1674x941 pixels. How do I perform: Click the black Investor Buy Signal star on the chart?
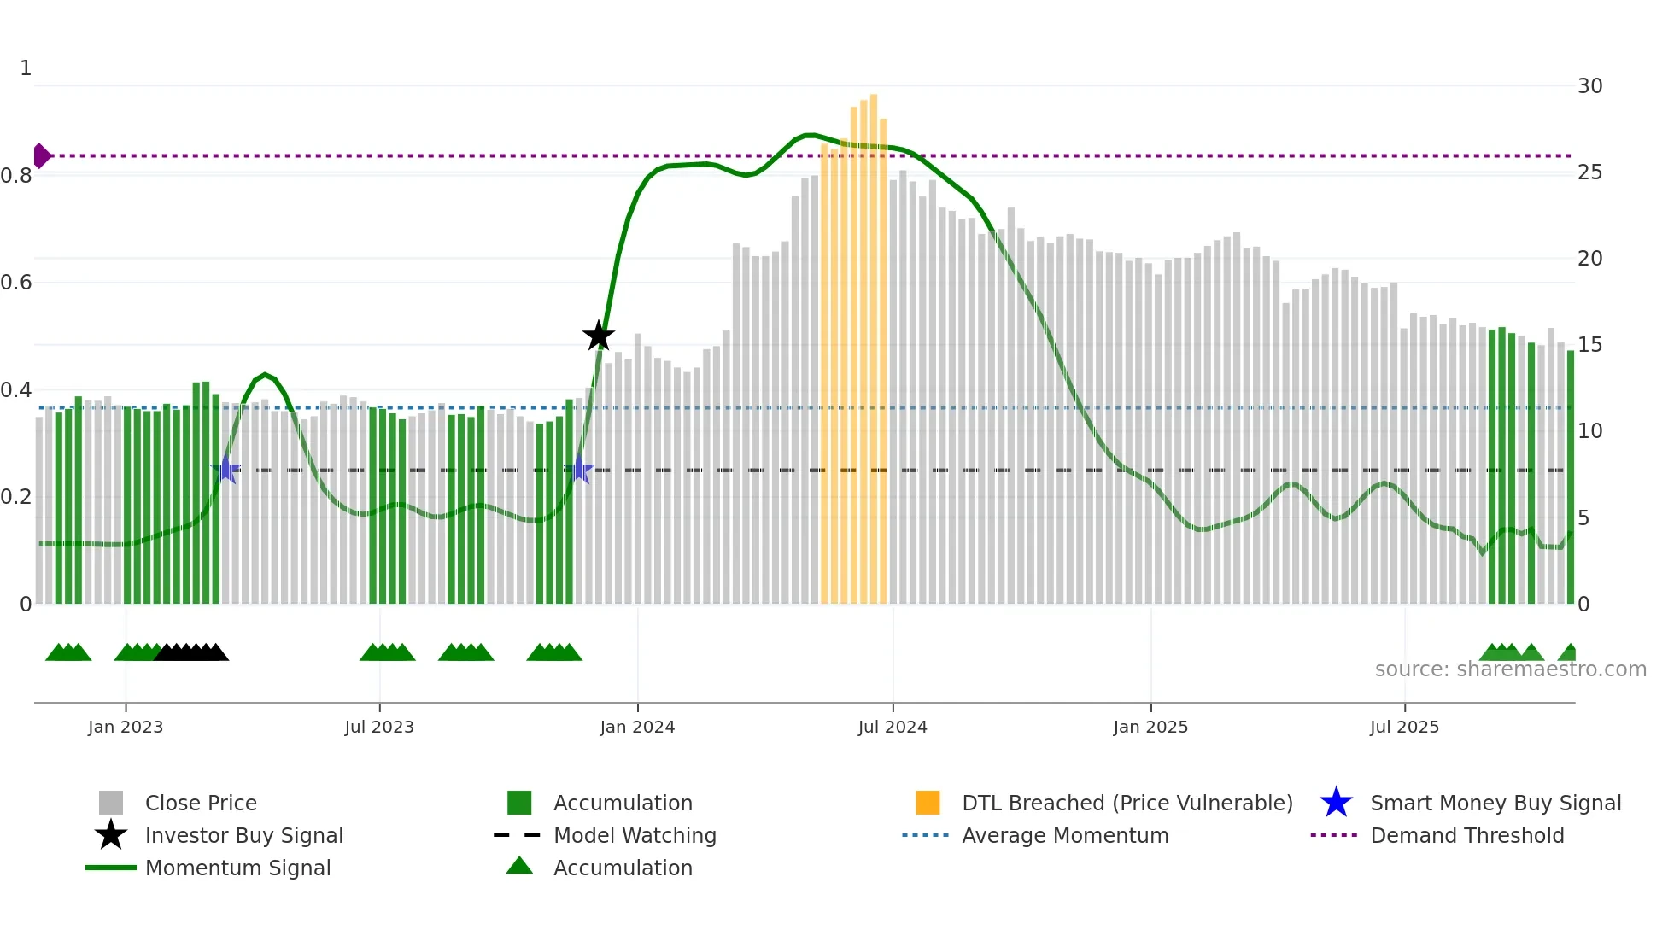pos(598,336)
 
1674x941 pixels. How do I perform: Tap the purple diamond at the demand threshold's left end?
pos(41,155)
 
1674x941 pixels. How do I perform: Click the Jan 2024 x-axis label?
pos(637,727)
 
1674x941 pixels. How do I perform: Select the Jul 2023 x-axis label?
pos(379,727)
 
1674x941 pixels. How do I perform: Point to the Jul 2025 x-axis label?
pos(1404,727)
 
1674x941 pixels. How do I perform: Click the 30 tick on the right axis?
pos(1589,86)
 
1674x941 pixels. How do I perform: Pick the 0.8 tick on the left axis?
pos(17,176)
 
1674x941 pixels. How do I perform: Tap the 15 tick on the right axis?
pos(1589,345)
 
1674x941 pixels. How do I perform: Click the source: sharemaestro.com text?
pos(1510,669)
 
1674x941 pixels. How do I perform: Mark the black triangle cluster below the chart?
pos(191,652)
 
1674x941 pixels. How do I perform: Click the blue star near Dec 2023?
pos(579,469)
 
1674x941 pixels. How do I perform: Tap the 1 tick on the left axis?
pos(26,68)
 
